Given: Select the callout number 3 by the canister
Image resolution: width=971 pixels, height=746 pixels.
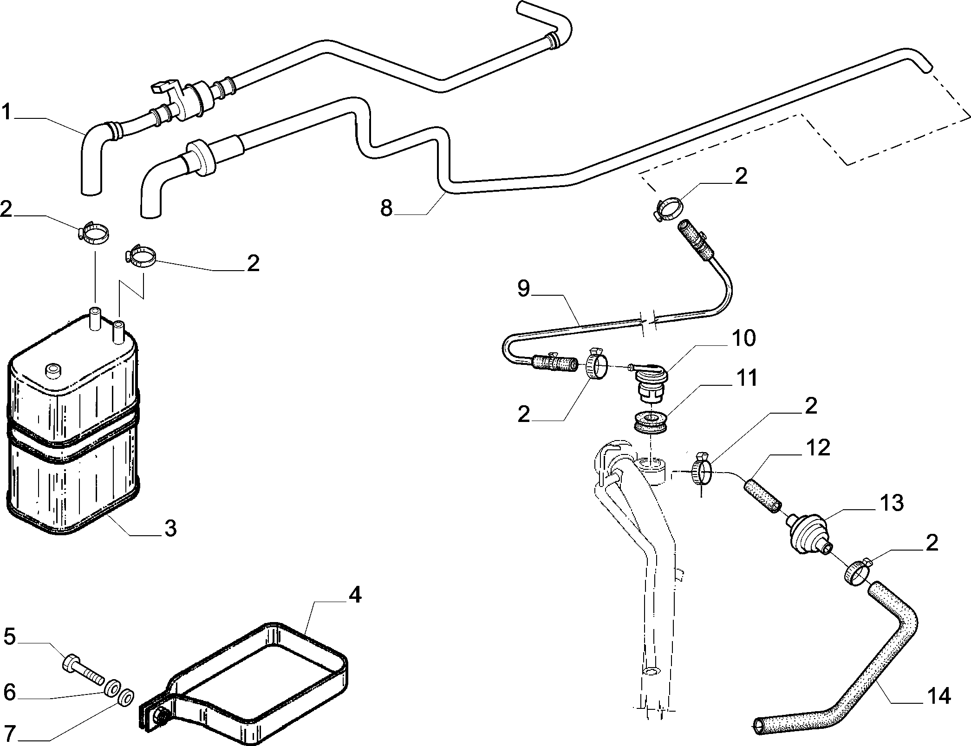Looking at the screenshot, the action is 171,528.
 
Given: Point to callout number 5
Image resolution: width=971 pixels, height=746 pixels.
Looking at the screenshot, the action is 11,637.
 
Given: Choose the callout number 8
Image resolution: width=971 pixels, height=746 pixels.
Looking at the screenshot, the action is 386,208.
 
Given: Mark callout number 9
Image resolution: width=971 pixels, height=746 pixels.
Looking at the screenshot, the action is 523,289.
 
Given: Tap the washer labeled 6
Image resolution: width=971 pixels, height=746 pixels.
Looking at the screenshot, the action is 113,688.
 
